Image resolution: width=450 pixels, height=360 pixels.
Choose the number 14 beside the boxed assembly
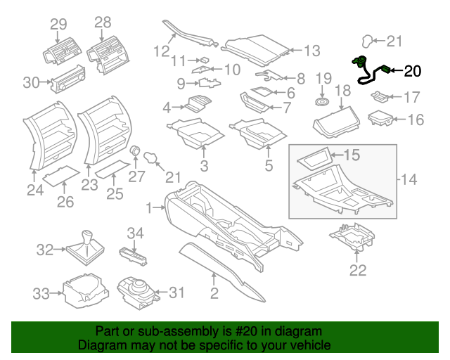(410, 180)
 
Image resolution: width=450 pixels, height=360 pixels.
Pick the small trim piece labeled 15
(312, 158)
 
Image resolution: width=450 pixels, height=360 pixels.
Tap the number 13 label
(311, 51)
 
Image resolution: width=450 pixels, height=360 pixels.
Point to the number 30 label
(31, 83)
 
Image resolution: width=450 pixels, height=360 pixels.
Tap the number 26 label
(65, 203)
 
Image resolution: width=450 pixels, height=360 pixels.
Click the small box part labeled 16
(382, 117)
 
